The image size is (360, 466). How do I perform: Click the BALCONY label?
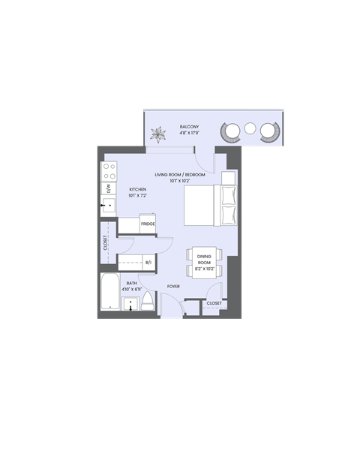tap(189, 126)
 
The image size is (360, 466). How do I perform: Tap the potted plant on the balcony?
tap(159, 134)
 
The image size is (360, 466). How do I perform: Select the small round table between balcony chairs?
tap(250, 129)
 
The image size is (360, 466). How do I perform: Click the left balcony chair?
tap(229, 132)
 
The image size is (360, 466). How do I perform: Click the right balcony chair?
tap(268, 132)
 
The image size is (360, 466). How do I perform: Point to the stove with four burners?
tap(109, 173)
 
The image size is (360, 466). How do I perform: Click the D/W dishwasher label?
tap(109, 188)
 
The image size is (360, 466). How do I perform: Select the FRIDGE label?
tap(147, 224)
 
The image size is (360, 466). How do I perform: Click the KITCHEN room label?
tap(137, 189)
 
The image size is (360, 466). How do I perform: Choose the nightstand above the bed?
tap(228, 178)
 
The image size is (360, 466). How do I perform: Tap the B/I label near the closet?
tap(148, 263)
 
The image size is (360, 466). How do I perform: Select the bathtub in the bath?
tap(109, 293)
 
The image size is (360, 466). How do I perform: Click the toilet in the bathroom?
tap(148, 302)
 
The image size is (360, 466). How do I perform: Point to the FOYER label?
tap(173, 286)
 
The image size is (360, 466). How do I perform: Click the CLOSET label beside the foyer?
tap(214, 303)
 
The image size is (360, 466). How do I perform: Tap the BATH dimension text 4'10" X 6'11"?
tap(132, 290)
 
